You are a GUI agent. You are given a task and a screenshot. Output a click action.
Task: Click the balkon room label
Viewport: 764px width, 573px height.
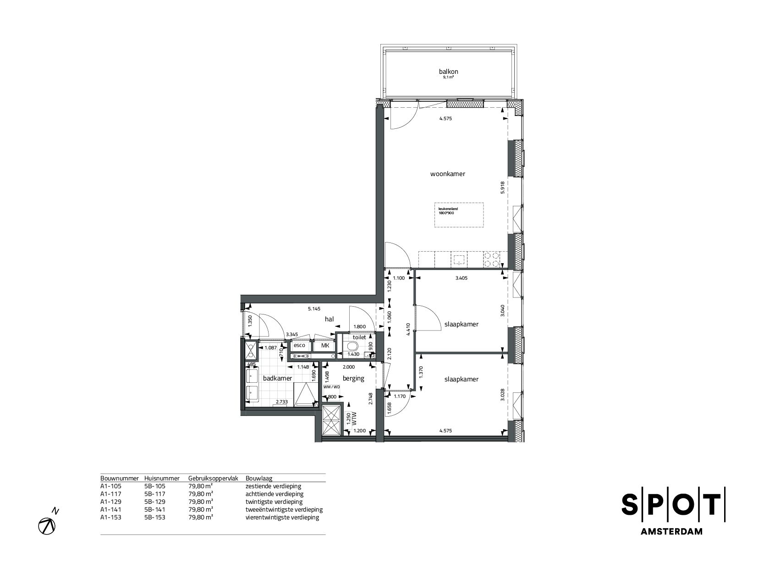pyautogui.click(x=448, y=72)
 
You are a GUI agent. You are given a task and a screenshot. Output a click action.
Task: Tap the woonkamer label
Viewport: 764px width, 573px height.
pyautogui.click(x=448, y=174)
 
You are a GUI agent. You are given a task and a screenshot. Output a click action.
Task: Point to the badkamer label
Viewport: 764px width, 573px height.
pyautogui.click(x=277, y=379)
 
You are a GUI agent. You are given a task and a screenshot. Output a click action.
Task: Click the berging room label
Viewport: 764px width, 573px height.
pyautogui.click(x=353, y=379)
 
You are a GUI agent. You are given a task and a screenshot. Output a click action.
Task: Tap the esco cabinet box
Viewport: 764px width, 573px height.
pyautogui.click(x=300, y=346)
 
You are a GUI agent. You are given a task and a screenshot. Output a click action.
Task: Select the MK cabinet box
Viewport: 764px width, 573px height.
pyautogui.click(x=325, y=346)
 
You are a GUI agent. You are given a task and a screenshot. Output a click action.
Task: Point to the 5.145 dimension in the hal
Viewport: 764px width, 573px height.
pyautogui.click(x=314, y=309)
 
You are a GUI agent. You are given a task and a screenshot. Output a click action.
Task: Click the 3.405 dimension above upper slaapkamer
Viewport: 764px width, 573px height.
pyautogui.click(x=461, y=278)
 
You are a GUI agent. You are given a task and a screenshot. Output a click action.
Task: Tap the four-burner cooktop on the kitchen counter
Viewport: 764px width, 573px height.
pyautogui.click(x=492, y=260)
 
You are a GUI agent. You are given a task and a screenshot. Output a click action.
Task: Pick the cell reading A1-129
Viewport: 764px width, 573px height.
pyautogui.click(x=110, y=502)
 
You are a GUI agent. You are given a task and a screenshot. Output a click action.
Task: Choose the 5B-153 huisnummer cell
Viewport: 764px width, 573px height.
pyautogui.click(x=154, y=518)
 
